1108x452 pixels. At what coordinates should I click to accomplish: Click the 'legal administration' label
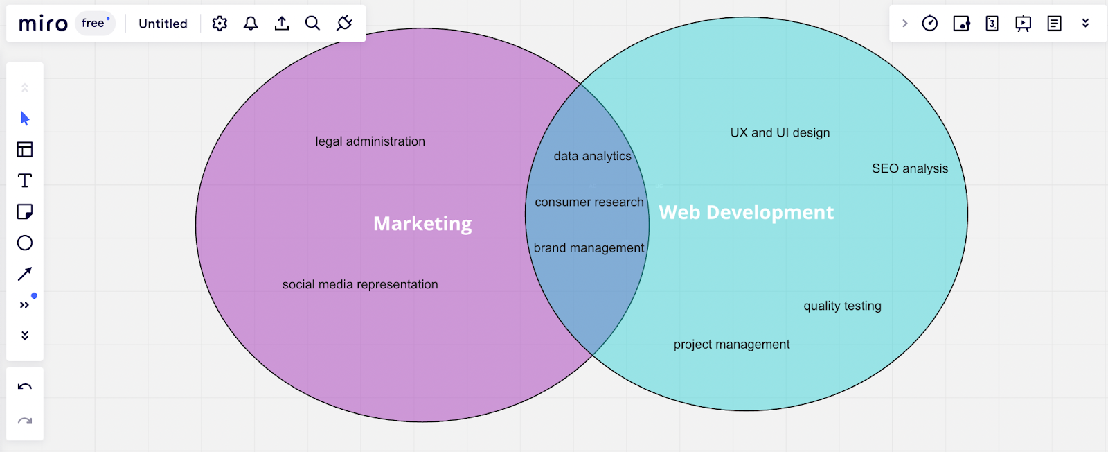(370, 141)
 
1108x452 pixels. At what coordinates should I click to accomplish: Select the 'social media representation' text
(360, 284)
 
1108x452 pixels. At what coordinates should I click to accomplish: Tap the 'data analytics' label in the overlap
(592, 157)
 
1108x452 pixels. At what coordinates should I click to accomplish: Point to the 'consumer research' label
(589, 202)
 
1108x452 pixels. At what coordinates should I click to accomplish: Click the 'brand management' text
(589, 248)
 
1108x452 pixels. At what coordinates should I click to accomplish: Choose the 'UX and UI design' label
(780, 133)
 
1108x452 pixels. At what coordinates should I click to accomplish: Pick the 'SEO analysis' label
(910, 168)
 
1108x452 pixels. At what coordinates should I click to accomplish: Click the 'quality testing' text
(842, 306)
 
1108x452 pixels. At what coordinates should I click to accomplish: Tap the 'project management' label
(731, 345)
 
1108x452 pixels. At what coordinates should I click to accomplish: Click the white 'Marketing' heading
(422, 224)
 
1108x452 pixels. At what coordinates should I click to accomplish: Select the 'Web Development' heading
(746, 212)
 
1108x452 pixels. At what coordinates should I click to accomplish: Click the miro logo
(43, 24)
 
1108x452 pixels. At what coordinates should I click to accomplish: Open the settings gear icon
(220, 24)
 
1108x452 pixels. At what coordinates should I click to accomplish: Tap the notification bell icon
(251, 24)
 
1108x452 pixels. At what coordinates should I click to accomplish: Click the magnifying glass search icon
(312, 24)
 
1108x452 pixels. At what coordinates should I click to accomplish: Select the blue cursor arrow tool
(25, 119)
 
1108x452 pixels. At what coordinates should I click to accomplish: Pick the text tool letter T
(25, 181)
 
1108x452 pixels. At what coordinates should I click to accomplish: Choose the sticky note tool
(25, 211)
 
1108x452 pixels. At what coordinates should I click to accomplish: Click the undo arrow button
(25, 387)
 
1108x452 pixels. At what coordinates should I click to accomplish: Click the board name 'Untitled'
(163, 24)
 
